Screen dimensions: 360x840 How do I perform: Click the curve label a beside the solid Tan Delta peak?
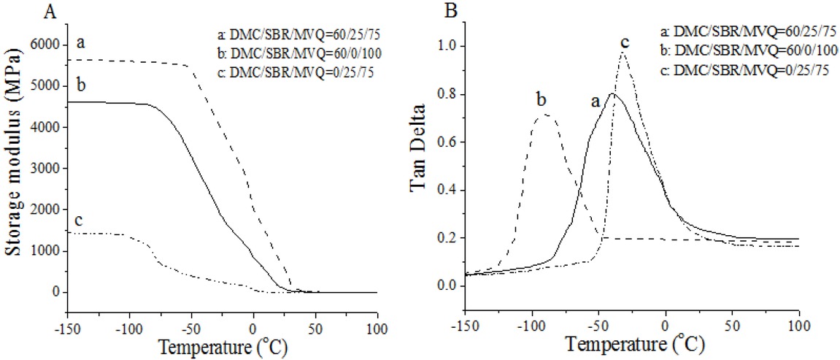(596, 104)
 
